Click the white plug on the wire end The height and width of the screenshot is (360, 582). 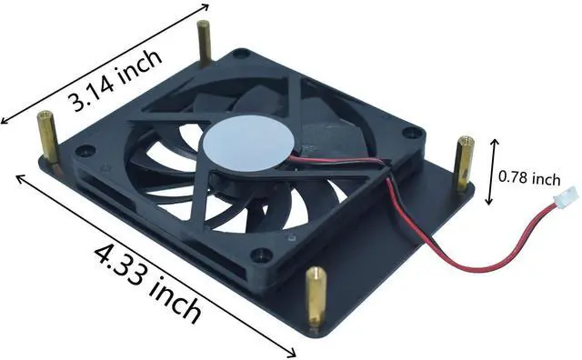point(555,200)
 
